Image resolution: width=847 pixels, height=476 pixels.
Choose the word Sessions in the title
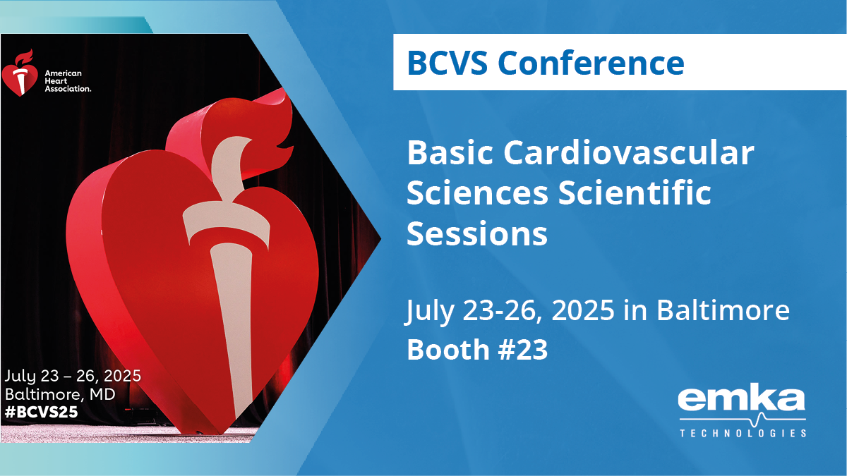coord(477,233)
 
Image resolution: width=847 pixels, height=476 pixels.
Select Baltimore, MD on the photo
coord(60,393)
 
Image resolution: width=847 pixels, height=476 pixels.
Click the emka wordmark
coord(741,401)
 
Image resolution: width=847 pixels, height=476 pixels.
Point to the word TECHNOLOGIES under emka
coord(743,432)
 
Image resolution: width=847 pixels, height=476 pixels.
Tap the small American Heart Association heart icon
coord(19,73)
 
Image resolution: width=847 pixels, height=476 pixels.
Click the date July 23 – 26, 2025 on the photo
coord(73,374)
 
